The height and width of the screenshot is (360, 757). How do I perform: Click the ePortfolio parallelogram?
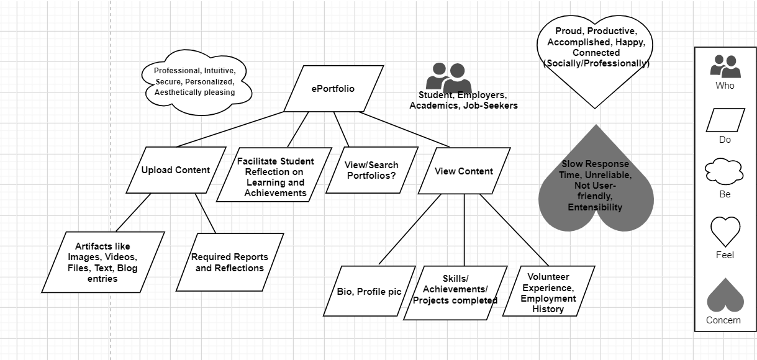click(333, 89)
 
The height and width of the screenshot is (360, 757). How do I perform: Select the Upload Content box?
click(176, 170)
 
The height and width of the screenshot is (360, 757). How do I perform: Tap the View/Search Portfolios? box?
click(372, 170)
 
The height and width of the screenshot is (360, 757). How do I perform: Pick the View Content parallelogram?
click(464, 171)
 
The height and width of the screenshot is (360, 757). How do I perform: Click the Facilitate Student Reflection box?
click(275, 177)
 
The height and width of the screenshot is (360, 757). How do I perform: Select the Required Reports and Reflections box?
click(230, 262)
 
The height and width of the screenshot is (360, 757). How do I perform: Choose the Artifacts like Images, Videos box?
click(103, 262)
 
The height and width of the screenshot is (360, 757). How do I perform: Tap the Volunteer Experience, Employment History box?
click(548, 292)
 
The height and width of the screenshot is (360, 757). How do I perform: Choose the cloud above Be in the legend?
click(724, 172)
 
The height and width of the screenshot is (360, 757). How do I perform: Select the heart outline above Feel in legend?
click(725, 232)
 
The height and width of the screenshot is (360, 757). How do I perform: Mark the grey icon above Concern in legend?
click(725, 296)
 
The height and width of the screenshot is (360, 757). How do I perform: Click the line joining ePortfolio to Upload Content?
click(230, 129)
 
